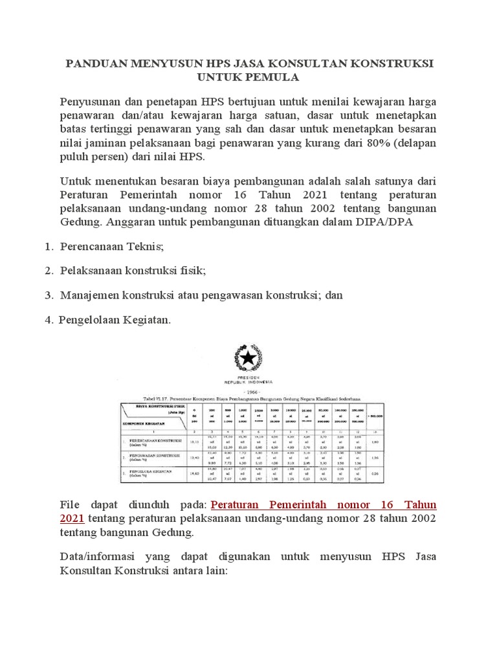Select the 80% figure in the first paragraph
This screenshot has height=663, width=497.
point(366,144)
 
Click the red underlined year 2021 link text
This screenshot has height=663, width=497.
point(72,518)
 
